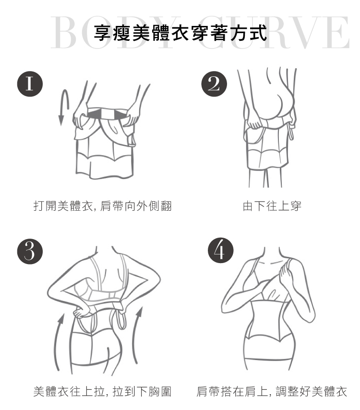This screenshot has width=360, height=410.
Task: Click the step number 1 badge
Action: point(30,84)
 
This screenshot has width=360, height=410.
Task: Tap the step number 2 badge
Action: point(214,84)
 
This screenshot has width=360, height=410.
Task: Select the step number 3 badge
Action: point(30,251)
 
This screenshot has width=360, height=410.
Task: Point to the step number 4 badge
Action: point(220,251)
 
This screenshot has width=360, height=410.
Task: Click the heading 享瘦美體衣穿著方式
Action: point(180,33)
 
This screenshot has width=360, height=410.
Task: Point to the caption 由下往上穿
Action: point(272,206)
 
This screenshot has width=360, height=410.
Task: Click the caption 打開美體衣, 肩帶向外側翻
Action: point(103,206)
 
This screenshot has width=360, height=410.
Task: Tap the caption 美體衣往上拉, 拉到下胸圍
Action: point(103,391)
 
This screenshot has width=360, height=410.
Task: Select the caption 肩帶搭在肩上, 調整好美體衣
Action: point(272,391)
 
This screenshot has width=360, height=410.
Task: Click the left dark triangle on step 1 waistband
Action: point(95,114)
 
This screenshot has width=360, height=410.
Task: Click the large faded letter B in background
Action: point(63,33)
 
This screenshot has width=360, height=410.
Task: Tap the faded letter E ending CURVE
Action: point(336,33)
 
